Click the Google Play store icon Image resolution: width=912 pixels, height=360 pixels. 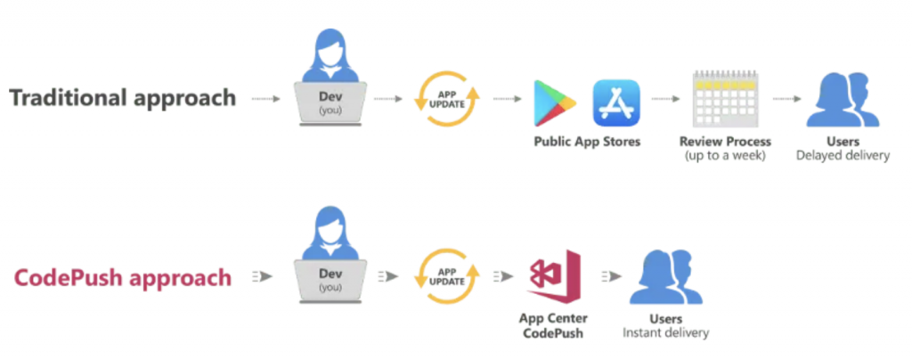554,103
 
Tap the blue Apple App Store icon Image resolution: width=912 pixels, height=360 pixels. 616,103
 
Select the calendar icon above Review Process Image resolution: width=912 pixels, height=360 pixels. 725,99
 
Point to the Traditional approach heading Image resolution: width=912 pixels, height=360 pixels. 123,98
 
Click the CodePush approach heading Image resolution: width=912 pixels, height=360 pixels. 123,277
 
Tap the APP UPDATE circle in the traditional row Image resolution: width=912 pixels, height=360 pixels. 447,99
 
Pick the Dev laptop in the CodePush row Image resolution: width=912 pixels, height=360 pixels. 330,282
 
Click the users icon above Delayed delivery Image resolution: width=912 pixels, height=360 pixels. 843,99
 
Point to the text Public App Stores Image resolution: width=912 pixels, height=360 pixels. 587,142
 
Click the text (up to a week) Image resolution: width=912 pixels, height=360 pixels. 725,156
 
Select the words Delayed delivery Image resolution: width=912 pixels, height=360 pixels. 843,156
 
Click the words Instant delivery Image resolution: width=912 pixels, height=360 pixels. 666,333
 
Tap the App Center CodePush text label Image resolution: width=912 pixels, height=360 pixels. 553,325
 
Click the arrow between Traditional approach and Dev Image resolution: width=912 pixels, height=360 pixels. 265,99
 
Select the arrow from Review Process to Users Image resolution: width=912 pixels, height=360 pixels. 787,99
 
